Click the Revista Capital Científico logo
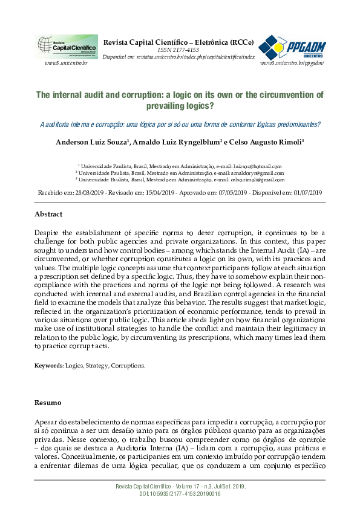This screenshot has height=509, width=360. pyautogui.click(x=67, y=47)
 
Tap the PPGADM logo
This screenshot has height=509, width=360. pyautogui.click(x=292, y=47)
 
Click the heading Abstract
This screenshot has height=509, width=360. pyautogui.click(x=48, y=214)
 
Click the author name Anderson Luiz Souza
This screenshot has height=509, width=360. pyautogui.click(x=88, y=142)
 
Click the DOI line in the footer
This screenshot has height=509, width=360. pyautogui.click(x=180, y=494)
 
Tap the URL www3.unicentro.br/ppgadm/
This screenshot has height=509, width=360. pyautogui.click(x=292, y=63)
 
